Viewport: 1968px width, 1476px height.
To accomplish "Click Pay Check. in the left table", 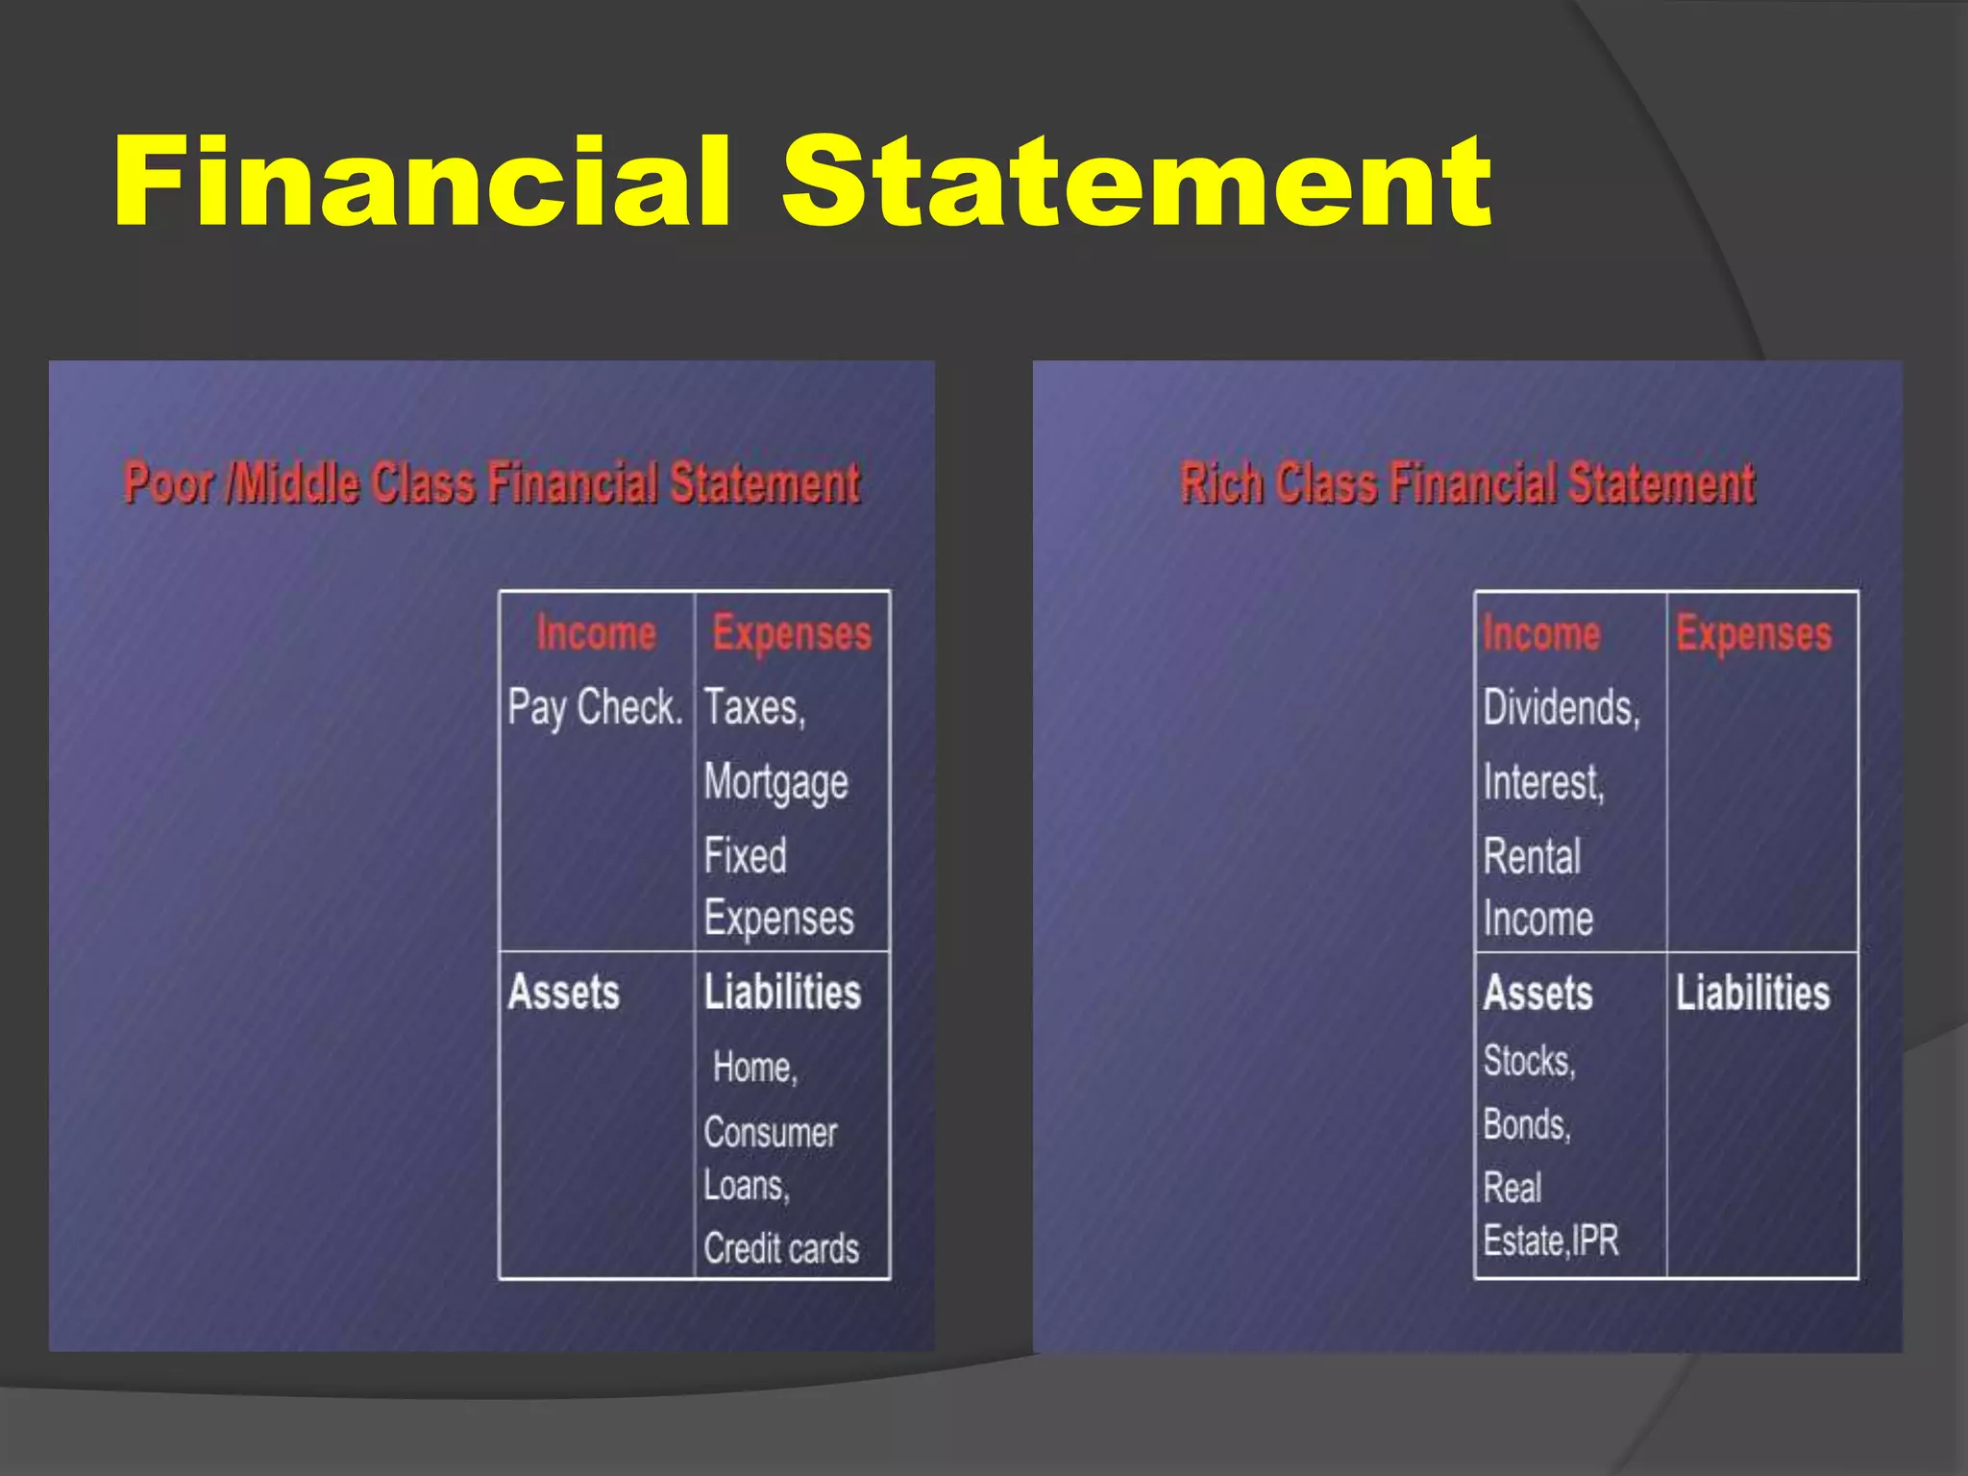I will click(595, 708).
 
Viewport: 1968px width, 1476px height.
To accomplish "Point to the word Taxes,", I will click(754, 708).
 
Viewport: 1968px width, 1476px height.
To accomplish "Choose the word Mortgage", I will click(775, 782).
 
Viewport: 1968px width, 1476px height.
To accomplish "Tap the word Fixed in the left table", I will click(745, 855).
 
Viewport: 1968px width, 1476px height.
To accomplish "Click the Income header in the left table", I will click(596, 634).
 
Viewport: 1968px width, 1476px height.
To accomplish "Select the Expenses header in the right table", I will click(1754, 634).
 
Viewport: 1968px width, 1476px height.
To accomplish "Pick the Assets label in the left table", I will click(564, 993).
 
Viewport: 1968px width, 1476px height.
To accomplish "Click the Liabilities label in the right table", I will click(1753, 993).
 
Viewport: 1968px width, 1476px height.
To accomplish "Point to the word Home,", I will click(755, 1068).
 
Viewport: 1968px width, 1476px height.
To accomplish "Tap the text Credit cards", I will click(781, 1248).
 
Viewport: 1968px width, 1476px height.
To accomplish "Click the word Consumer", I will click(771, 1133).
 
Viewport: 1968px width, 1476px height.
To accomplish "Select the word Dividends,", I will click(1562, 708).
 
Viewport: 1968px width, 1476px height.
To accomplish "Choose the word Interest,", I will click(1543, 782).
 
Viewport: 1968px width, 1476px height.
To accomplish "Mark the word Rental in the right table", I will click(1532, 856).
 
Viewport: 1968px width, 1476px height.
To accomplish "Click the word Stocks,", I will click(1529, 1061).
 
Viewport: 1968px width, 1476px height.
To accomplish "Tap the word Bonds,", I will click(1527, 1124).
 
